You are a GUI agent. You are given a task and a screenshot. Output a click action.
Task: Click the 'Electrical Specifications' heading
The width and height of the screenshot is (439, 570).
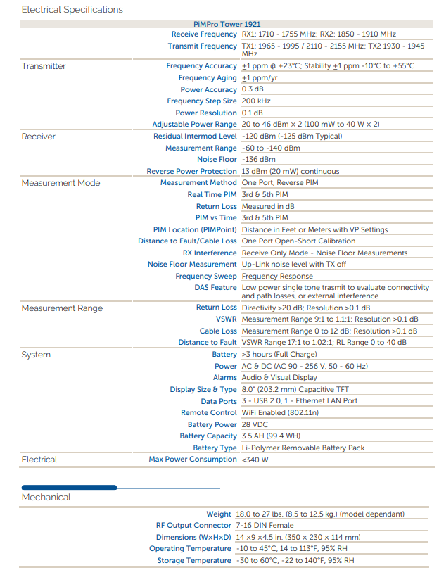72,10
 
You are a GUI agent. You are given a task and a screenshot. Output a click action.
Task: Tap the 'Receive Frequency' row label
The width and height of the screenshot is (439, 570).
204,34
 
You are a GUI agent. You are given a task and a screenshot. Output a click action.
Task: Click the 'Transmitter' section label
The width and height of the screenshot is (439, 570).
44,66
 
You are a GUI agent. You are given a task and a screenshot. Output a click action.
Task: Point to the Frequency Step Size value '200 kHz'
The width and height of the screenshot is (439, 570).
258,101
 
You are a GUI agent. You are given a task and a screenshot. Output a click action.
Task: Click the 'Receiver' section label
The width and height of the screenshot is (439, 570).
39,137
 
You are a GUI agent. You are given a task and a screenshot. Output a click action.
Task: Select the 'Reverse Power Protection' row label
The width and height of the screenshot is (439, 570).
191,171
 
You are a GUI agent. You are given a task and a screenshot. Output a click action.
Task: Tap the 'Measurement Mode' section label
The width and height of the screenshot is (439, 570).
61,183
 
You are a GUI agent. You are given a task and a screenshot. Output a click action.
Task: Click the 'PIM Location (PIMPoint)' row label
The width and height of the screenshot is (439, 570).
195,229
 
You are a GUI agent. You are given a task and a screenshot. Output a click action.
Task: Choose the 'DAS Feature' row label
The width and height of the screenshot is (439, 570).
215,288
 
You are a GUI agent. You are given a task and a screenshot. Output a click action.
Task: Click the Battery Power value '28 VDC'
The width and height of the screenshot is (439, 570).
255,424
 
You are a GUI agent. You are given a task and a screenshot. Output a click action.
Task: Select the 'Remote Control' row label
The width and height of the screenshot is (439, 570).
208,413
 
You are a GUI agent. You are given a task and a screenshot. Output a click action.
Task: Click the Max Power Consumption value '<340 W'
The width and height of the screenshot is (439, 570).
255,460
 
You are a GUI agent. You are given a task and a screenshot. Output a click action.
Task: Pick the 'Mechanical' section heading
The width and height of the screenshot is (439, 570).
46,498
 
